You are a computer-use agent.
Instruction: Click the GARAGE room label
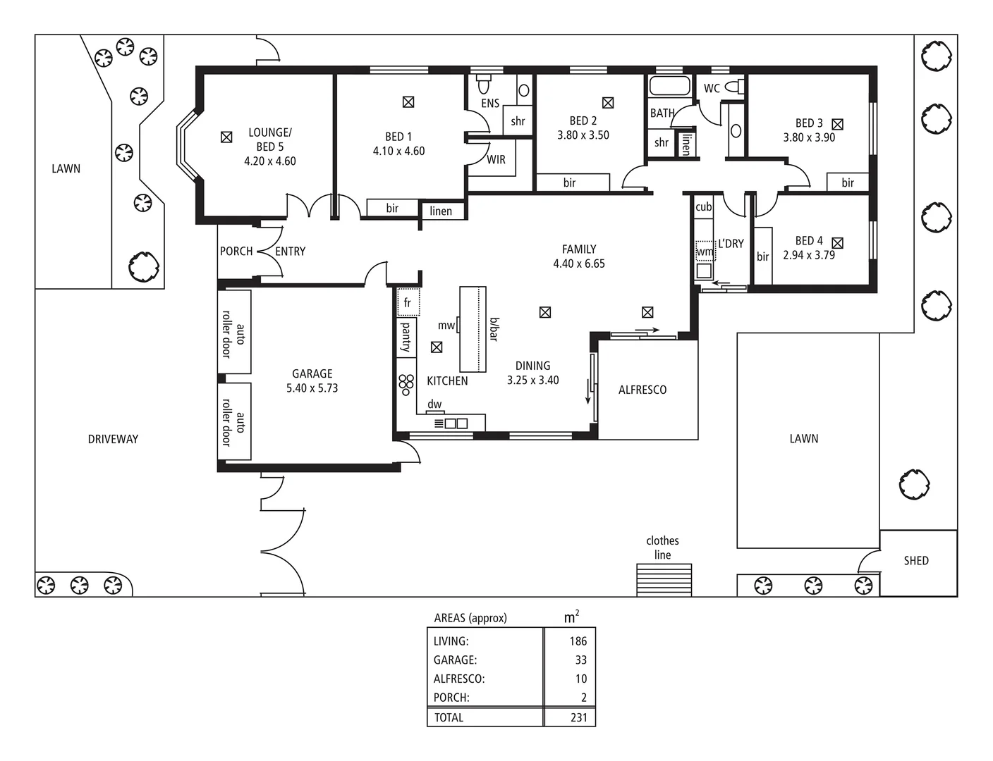[312, 373]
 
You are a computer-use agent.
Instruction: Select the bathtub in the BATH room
[669, 86]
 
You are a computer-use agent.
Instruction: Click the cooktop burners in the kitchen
[406, 385]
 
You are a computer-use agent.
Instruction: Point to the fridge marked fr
[408, 302]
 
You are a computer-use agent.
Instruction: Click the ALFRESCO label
[642, 390]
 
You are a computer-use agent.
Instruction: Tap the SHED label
[916, 561]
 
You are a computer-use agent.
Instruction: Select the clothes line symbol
[664, 580]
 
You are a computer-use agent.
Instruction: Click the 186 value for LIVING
[578, 641]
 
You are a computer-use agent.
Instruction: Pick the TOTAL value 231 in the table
[578, 717]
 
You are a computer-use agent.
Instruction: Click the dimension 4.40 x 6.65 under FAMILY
[579, 264]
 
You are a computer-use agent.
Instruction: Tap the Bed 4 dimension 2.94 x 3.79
[809, 255]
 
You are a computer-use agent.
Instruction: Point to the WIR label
[496, 160]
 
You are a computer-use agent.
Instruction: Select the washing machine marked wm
[705, 251]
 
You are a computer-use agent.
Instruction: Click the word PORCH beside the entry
[236, 251]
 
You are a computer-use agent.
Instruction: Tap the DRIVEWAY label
[113, 439]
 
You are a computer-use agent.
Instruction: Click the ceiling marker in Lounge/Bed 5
[226, 137]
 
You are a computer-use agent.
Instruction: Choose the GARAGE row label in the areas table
[455, 660]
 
